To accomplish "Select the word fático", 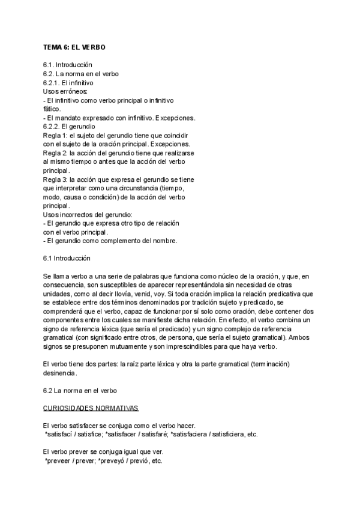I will [x=52, y=109].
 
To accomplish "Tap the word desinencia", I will [x=60, y=373].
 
